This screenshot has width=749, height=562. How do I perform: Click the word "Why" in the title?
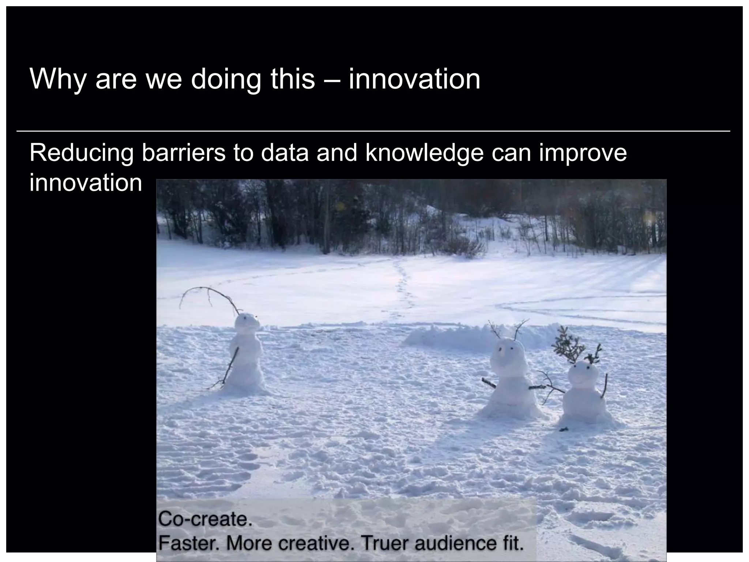point(58,79)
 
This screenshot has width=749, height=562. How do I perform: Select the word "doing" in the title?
point(226,79)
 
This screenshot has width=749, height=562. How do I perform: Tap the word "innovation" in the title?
point(414,79)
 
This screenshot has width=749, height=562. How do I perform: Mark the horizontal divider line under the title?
point(373,131)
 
